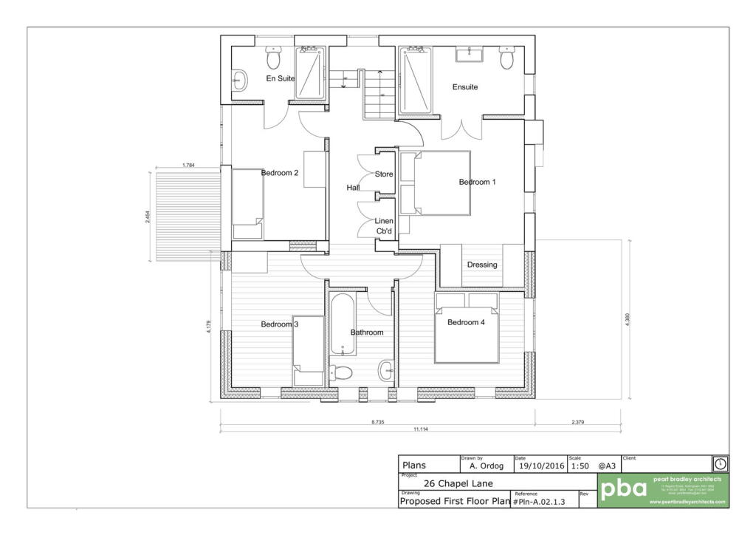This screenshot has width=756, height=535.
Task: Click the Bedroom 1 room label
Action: pyautogui.click(x=477, y=182)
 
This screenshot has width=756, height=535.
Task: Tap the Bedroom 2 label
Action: pyautogui.click(x=280, y=173)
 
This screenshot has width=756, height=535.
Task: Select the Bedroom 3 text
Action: pyautogui.click(x=280, y=324)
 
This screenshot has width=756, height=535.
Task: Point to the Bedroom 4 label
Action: pyautogui.click(x=466, y=322)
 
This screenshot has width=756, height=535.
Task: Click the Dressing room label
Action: pyautogui.click(x=482, y=265)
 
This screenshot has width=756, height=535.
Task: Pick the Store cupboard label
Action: pyautogui.click(x=384, y=174)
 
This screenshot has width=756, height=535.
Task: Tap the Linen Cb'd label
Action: pyautogui.click(x=384, y=226)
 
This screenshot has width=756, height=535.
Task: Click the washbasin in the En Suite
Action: pyautogui.click(x=238, y=80)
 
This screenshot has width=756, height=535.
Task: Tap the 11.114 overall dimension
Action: pyautogui.click(x=421, y=429)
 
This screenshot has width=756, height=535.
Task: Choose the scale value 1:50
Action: pyautogui.click(x=580, y=466)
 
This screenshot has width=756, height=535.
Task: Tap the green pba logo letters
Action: pyautogui.click(x=624, y=489)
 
